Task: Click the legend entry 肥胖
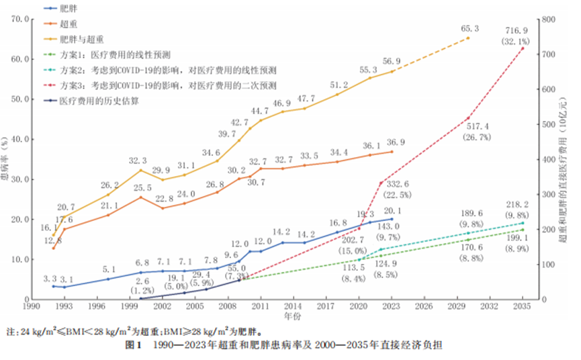69,9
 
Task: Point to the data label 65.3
470,29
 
